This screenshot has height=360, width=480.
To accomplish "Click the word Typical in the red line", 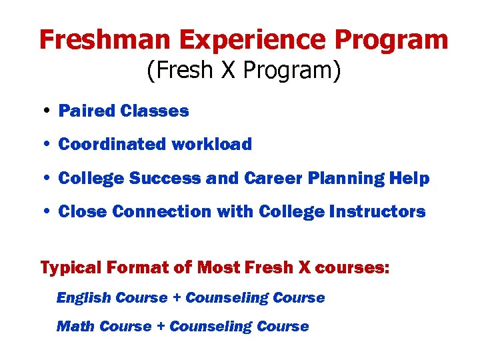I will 72,269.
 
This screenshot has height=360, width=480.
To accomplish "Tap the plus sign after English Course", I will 177,298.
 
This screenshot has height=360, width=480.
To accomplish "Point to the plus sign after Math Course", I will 161,327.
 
